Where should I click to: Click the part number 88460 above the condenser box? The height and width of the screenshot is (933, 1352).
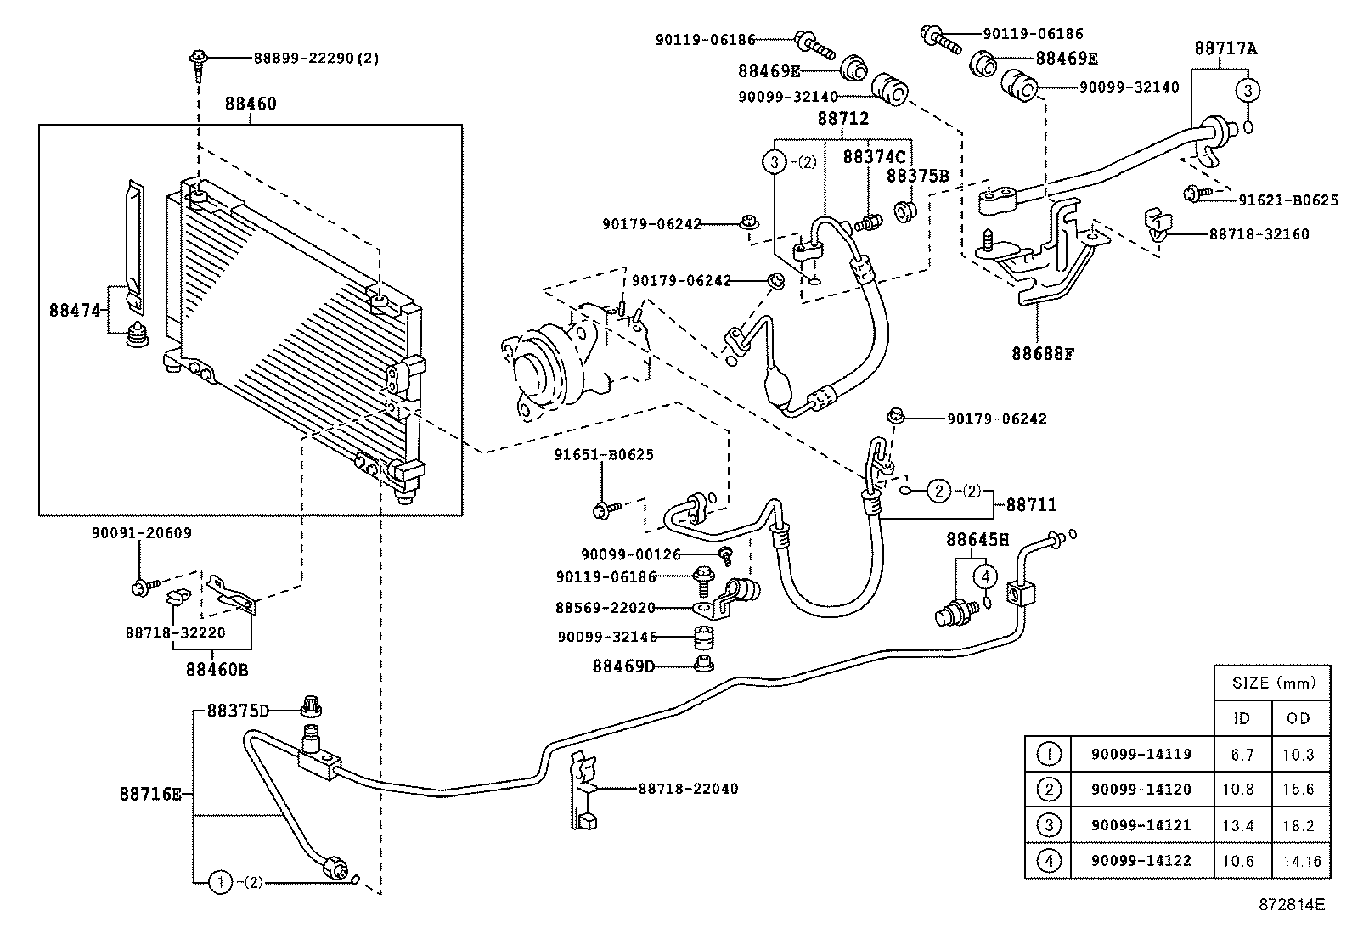point(251,104)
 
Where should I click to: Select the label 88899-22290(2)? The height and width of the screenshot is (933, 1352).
point(316,58)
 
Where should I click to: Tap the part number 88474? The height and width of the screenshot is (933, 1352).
point(75,311)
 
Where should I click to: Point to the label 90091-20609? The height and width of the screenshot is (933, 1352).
point(141,533)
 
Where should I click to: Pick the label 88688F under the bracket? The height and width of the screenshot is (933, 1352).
point(1043,353)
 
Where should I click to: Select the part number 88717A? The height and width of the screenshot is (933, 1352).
point(1225,48)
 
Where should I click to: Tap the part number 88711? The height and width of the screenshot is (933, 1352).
point(1031,505)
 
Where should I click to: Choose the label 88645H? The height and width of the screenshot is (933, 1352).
point(977,539)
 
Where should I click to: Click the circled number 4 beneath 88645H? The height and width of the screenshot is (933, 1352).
point(985,576)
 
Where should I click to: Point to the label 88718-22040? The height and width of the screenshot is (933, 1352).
point(688,789)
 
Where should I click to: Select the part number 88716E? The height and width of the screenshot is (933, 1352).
point(150,795)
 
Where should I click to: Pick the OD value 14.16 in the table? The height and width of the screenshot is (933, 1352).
point(1301,860)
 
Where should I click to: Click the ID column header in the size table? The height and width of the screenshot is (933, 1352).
point(1241,718)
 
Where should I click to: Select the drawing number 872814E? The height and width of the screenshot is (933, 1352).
point(1292,905)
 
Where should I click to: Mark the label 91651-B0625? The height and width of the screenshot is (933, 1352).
point(604,454)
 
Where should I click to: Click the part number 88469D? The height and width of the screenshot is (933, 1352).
point(623,666)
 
